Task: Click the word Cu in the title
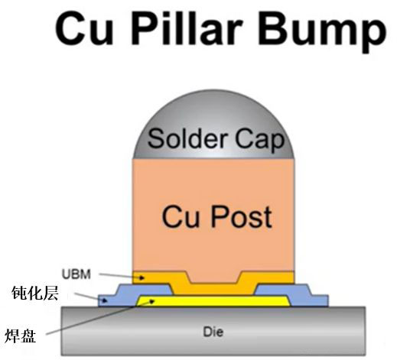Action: [84, 29]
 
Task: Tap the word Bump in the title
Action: [323, 31]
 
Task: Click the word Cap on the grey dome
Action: [259, 141]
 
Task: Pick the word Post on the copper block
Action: [241, 217]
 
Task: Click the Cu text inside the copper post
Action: [181, 217]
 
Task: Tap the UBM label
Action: [76, 274]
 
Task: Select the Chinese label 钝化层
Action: [35, 293]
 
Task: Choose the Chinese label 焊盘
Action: [20, 336]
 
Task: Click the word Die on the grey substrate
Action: [213, 332]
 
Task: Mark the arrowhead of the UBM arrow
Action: [142, 278]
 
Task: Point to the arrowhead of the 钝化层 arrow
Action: [105, 301]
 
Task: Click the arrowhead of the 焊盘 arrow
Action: [152, 301]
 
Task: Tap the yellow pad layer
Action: [213, 301]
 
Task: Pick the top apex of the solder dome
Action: [213, 89]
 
